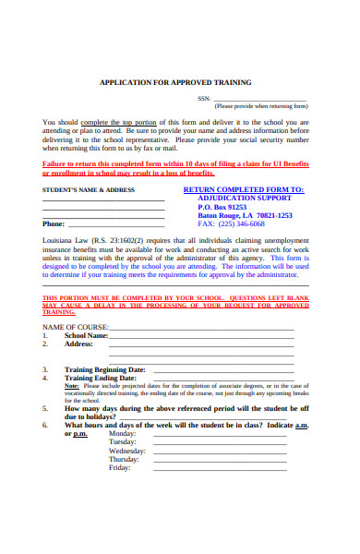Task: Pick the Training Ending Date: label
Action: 100,378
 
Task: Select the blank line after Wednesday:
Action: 221,451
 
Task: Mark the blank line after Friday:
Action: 221,468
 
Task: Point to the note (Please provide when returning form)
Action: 261,106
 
